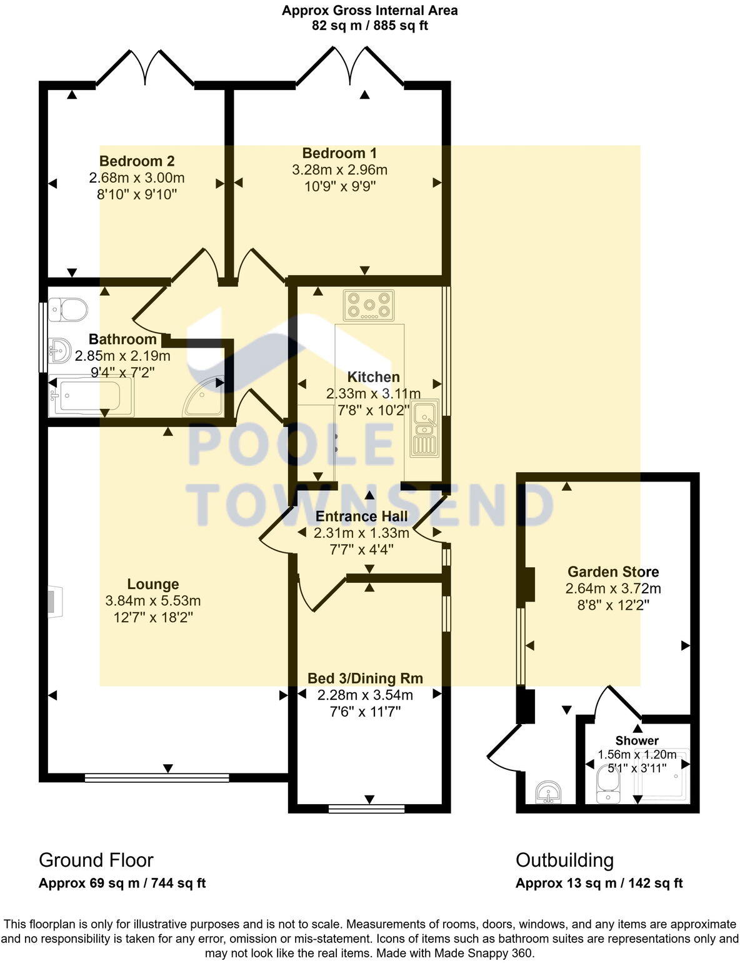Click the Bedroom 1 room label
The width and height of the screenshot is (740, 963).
339,153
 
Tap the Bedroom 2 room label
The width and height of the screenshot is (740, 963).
137,161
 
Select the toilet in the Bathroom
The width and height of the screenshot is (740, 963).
68,308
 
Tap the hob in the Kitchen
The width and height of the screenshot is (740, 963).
369,305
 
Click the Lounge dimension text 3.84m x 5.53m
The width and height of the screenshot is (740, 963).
153,601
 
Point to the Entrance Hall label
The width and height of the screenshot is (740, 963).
361,517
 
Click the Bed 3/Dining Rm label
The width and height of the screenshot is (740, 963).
365,678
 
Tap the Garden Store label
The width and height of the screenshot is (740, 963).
613,572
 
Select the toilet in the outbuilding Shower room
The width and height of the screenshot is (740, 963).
606,785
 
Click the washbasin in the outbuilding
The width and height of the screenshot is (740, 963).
549,792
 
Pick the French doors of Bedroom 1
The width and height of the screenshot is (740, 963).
349,65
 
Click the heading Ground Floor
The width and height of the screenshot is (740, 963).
96,860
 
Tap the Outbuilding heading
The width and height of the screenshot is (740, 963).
564,860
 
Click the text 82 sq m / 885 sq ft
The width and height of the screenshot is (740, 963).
369,26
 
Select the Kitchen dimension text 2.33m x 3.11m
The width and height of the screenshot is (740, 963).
373,394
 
